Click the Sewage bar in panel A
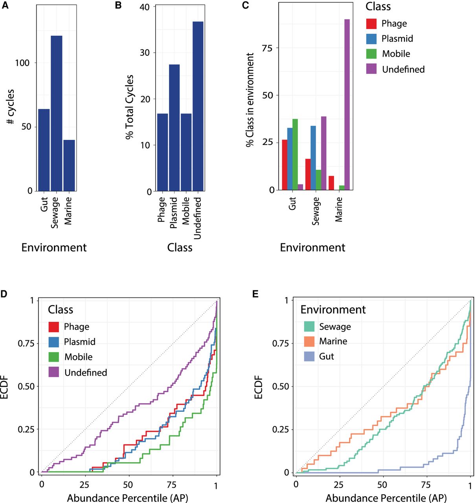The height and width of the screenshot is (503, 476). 57,113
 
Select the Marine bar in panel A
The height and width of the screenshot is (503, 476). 69,165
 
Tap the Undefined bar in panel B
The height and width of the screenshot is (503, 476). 198,106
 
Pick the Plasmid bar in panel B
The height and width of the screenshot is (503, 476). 174,128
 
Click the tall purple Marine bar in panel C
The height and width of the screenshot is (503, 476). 347,105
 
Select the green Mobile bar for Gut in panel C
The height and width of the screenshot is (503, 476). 295,154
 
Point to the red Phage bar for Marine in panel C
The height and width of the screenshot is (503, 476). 331,183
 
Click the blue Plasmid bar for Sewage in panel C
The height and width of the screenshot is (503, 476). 313,158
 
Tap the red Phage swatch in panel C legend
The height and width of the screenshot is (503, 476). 371,24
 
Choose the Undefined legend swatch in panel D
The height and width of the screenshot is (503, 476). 54,372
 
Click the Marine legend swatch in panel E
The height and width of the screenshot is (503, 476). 309,341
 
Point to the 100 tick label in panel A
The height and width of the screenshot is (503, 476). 22,63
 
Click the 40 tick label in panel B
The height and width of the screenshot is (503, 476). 145,7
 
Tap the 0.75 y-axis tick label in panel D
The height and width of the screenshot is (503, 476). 26,343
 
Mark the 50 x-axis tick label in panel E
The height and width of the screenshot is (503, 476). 382,485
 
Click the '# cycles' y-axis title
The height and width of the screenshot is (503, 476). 11,106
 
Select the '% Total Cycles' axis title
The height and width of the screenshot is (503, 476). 130,107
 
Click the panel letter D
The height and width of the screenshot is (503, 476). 4,294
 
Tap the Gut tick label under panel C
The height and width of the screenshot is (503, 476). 292,204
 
